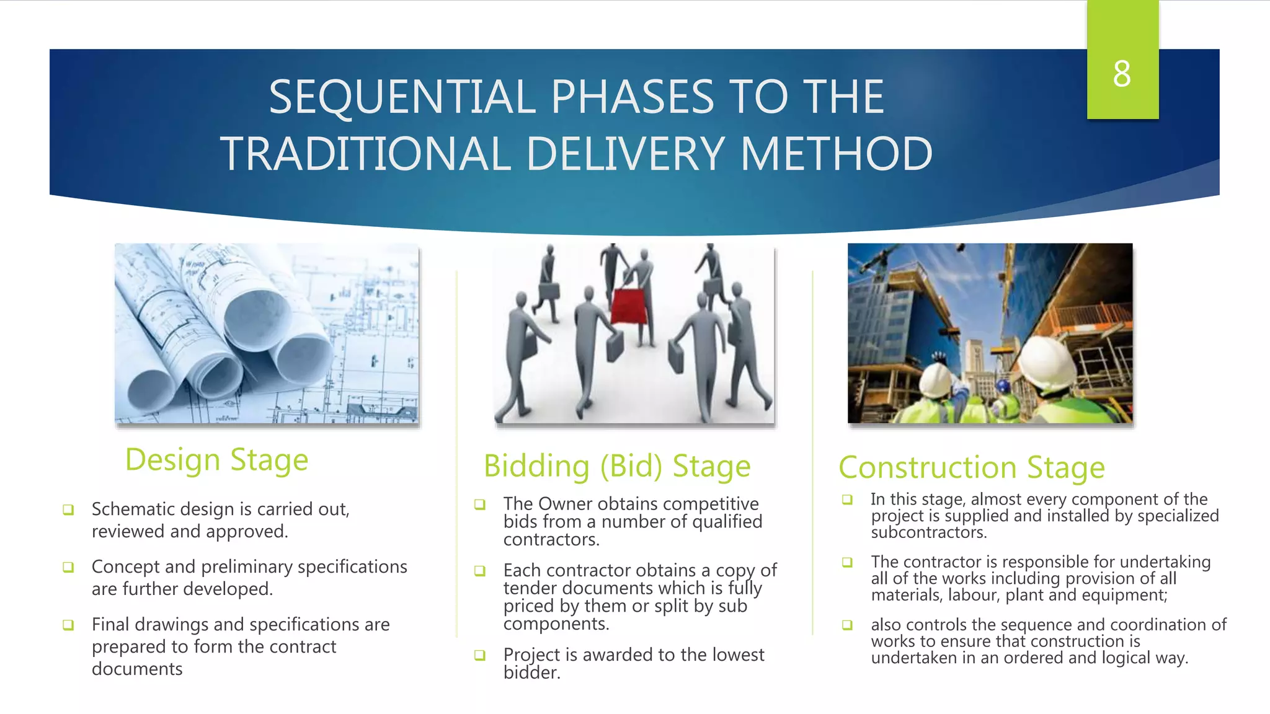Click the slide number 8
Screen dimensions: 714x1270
click(1122, 74)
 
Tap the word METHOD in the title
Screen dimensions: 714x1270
click(837, 154)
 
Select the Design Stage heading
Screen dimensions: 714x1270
click(216, 461)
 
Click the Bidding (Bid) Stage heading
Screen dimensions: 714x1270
click(617, 466)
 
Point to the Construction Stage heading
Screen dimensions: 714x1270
click(971, 468)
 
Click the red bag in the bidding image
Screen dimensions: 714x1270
click(629, 306)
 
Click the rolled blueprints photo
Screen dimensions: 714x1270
click(267, 333)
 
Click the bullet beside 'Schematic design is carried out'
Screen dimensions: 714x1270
click(68, 510)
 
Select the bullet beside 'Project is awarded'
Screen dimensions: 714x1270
click(479, 655)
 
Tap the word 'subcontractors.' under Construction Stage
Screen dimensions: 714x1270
click(928, 532)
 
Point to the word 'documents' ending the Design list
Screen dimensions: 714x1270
click(137, 669)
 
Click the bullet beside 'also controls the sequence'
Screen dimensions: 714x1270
click(847, 625)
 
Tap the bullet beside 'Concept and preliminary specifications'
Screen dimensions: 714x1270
click(68, 567)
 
